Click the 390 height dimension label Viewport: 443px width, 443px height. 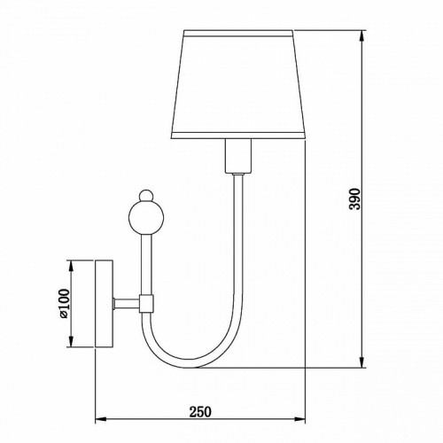[x=355, y=198]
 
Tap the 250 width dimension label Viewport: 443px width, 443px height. [x=200, y=412]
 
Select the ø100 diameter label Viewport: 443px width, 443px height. [x=65, y=303]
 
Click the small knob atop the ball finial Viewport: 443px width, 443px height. [x=146, y=196]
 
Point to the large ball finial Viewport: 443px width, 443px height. [x=146, y=218]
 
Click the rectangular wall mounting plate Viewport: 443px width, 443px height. [x=104, y=303]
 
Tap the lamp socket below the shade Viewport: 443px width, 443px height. [x=238, y=156]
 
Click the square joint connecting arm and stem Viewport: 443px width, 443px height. [x=146, y=304]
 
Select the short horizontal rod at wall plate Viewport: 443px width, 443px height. [x=127, y=304]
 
